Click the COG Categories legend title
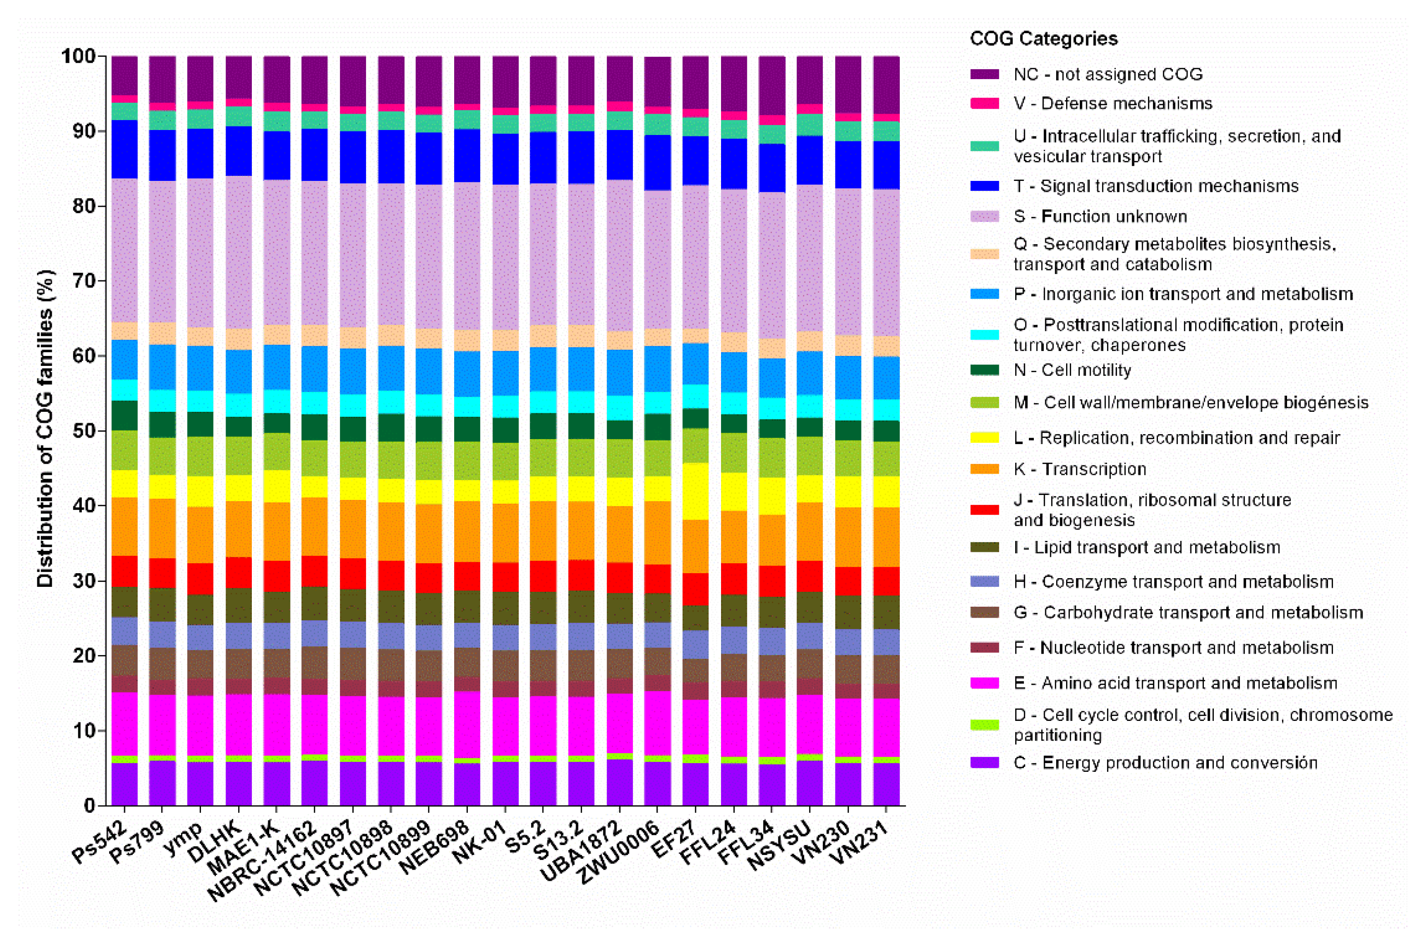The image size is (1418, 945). click(x=1043, y=39)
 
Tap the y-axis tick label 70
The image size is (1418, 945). click(x=83, y=281)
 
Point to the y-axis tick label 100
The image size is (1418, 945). click(x=78, y=56)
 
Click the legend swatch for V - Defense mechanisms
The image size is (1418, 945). click(x=984, y=104)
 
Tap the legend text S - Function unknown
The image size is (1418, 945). click(x=1100, y=216)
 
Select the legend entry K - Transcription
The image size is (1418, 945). click(x=1079, y=469)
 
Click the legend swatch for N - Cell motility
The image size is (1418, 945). click(x=984, y=370)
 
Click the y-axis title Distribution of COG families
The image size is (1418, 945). click(x=45, y=428)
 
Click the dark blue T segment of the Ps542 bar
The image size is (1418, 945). click(x=124, y=149)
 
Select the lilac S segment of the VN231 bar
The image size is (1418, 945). click(x=886, y=262)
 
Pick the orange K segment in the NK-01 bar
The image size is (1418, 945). click(x=505, y=533)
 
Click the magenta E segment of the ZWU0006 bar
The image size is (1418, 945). click(x=657, y=723)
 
